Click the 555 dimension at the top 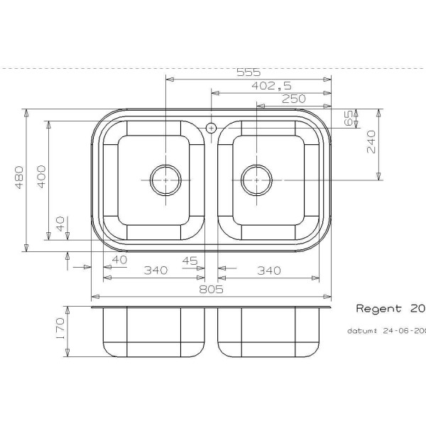coord(249,72)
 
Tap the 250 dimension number coord(294,99)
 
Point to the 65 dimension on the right coord(349,118)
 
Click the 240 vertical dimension coord(370,145)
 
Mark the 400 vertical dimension coord(41,177)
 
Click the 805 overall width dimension coord(212,289)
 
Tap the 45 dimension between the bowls coord(190,261)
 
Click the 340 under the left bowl coord(155,271)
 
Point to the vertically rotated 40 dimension coord(60,225)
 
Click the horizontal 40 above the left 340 coord(119,260)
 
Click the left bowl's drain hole coord(165,180)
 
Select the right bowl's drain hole coord(255,180)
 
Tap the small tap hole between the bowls coord(211,128)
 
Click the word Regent coord(378,310)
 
